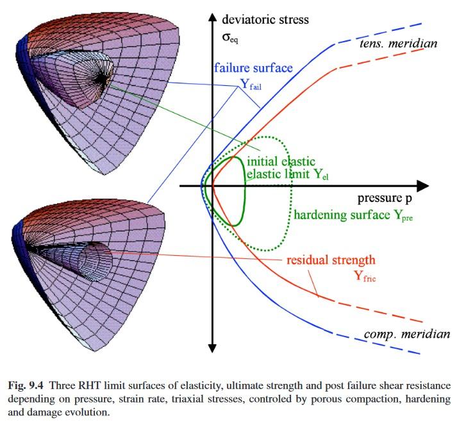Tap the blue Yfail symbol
click(251, 83)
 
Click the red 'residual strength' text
click(330, 261)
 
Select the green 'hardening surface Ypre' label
click(353, 215)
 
